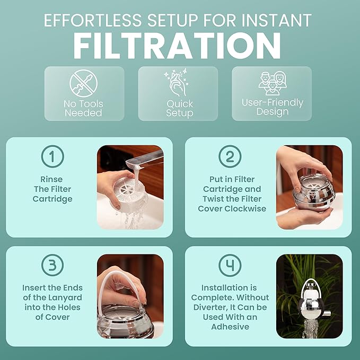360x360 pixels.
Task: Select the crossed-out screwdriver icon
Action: coord(83,83)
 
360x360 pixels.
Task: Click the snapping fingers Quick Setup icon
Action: coord(179,83)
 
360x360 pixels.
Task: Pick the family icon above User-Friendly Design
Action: coord(272,83)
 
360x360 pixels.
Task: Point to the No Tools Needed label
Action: coord(83,108)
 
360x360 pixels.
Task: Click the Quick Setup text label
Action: coord(179,108)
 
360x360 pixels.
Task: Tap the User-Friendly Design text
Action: coord(273,107)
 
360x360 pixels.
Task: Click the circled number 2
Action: coord(230,156)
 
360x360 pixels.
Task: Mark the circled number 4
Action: coord(230,265)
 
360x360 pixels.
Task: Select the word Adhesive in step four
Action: coord(230,327)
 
